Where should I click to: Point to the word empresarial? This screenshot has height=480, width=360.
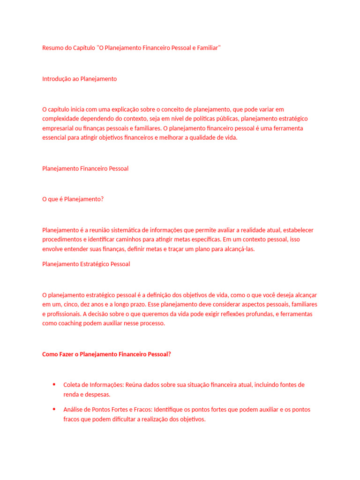[x=59, y=128]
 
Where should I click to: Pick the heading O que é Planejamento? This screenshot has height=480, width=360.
[x=73, y=199]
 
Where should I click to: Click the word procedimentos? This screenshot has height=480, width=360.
[x=61, y=240]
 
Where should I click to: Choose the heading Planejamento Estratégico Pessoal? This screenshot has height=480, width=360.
[x=86, y=264]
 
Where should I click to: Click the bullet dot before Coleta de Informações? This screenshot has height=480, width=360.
[x=54, y=384]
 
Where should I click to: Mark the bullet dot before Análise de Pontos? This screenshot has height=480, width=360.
[x=54, y=409]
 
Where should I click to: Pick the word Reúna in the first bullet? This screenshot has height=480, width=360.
[x=133, y=385]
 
